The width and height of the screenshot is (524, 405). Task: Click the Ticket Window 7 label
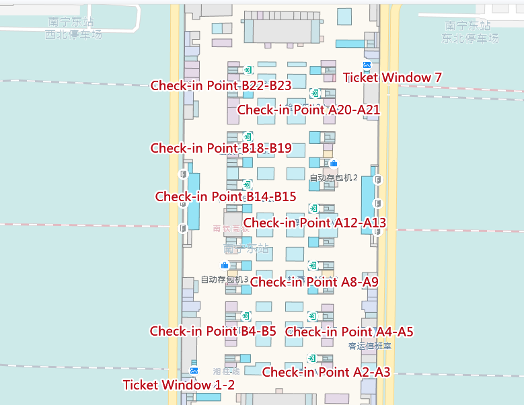(x=392, y=77)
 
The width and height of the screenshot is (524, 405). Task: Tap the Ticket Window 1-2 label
(x=178, y=385)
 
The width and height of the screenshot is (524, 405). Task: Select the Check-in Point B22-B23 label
(x=221, y=85)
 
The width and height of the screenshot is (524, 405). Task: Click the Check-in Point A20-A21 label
(x=309, y=110)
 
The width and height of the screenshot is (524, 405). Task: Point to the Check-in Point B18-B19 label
(x=221, y=148)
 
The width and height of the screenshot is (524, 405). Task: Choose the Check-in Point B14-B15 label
(x=225, y=196)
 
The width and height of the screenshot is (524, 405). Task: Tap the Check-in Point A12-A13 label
(x=314, y=223)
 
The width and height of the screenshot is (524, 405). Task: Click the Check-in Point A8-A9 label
(x=314, y=282)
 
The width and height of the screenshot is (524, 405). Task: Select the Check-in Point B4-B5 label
(x=213, y=331)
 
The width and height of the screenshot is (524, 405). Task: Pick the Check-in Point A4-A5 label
(x=349, y=332)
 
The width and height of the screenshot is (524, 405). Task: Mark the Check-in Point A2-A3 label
(x=326, y=372)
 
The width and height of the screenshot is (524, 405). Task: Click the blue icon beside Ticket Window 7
(x=367, y=65)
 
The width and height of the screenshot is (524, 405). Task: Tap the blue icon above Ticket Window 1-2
(x=194, y=371)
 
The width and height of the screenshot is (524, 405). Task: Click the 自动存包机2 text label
(x=333, y=178)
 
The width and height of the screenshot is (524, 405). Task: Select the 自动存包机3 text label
(x=225, y=280)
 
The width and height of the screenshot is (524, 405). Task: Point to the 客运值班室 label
(x=369, y=346)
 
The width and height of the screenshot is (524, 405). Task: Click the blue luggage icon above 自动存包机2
(x=334, y=163)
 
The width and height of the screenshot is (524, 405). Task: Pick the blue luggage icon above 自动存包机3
(x=225, y=266)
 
